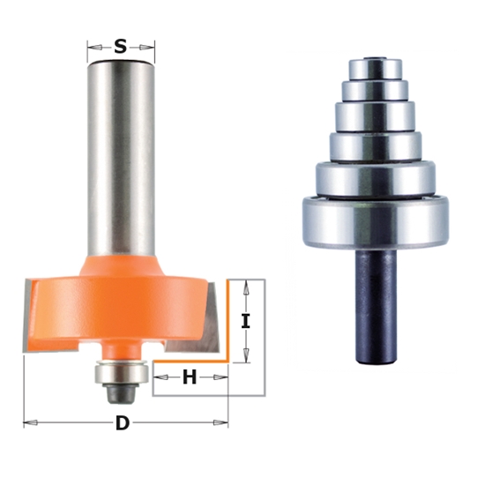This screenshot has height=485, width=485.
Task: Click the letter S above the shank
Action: [x=121, y=46]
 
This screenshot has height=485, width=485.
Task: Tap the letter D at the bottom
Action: [x=123, y=423]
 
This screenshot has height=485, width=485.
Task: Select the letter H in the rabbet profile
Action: [x=189, y=378]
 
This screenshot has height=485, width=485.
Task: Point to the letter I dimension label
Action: [x=246, y=321]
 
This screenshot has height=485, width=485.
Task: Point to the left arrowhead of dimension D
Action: [x=28, y=423]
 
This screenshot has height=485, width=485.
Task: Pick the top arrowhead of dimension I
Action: [x=246, y=286]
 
